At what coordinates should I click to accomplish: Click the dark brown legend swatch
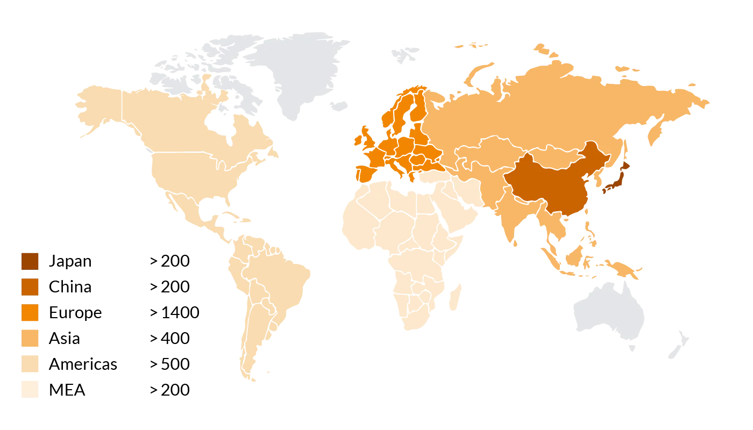click(30, 261)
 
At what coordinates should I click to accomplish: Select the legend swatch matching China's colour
click(30, 286)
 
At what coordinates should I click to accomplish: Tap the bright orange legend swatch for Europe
click(30, 312)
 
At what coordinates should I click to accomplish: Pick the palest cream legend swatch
click(30, 390)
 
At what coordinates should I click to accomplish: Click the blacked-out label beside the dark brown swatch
click(70, 261)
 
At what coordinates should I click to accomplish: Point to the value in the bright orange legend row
click(176, 312)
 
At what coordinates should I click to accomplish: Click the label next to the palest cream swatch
click(66, 390)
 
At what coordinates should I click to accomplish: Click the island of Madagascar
click(458, 296)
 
